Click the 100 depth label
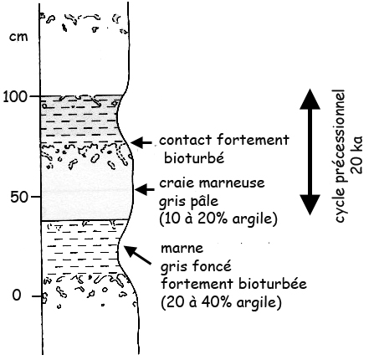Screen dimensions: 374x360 pos(15,96)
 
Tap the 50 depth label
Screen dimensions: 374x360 pos(19,197)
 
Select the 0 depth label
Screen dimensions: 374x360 pos(17,295)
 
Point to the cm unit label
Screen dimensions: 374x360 pos(18,37)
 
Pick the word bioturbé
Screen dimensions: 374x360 pos(194,157)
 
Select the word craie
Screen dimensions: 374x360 pos(177,183)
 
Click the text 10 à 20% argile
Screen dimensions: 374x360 pos(218,219)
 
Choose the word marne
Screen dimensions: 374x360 pos(182,248)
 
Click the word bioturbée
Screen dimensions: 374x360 pos(273,284)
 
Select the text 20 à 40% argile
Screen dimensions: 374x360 pos(221,302)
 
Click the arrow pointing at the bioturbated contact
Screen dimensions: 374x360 pos(141,143)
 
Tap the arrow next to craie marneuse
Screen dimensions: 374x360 pos(145,189)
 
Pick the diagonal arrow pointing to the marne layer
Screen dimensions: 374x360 pos(137,255)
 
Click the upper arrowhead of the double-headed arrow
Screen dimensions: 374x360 pos(310,99)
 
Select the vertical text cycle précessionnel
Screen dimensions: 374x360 pos(341,156)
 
